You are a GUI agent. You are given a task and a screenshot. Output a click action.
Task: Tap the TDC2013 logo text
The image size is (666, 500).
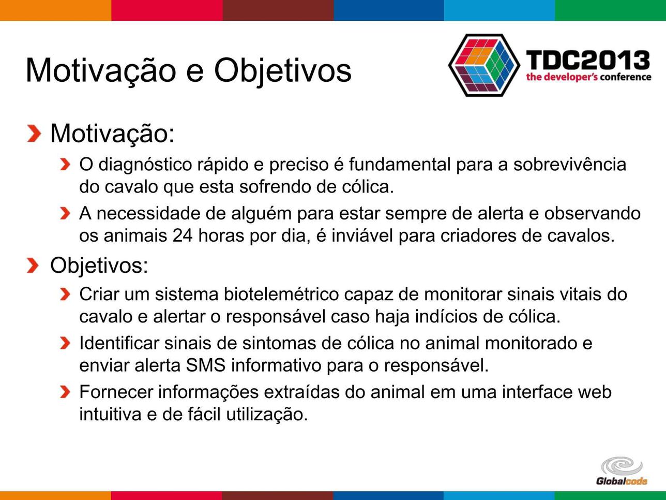pyautogui.click(x=588, y=60)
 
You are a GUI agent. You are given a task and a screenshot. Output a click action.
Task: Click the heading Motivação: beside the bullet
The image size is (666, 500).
pyautogui.click(x=112, y=134)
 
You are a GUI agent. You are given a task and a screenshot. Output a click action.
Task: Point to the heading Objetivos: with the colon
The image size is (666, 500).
pyautogui.click(x=99, y=266)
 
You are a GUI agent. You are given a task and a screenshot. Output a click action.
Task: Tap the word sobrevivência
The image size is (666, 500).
pyautogui.click(x=570, y=165)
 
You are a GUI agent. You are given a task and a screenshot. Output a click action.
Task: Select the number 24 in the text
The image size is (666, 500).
pyautogui.click(x=183, y=236)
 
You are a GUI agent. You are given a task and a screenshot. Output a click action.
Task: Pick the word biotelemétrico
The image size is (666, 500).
pyautogui.click(x=281, y=294)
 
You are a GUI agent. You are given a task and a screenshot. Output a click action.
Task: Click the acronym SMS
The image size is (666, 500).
pyautogui.click(x=205, y=365)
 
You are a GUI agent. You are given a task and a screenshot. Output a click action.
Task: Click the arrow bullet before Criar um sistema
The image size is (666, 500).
pyautogui.click(x=65, y=295)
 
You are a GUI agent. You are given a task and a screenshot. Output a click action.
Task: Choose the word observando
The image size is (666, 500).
pyautogui.click(x=592, y=214)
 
